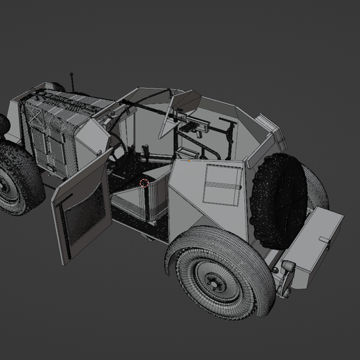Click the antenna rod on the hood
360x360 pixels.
pyautogui.click(x=72, y=80)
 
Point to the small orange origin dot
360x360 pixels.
pyautogui.click(x=188, y=160)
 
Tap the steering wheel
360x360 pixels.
pyautogui.click(x=119, y=146)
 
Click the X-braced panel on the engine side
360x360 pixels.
pyautogui.click(x=51, y=143)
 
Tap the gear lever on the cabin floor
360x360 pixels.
pyautogui.click(x=147, y=151)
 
